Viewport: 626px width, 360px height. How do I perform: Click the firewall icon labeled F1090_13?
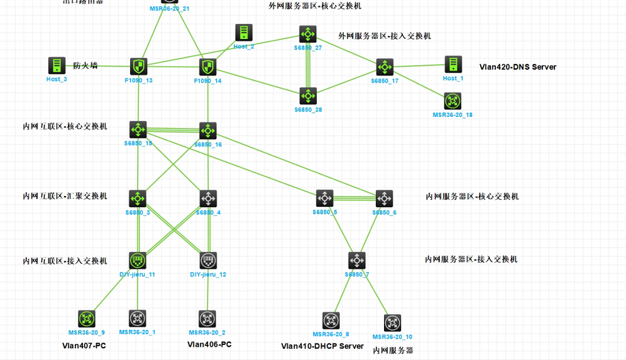pyautogui.click(x=138, y=66)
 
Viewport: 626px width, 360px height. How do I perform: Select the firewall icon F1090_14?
pyautogui.click(x=207, y=67)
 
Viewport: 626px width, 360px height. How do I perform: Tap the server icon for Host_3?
pyautogui.click(x=57, y=65)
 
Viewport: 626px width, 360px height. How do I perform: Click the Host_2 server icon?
pyautogui.click(x=244, y=33)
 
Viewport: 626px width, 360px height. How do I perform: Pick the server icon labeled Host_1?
pyautogui.click(x=453, y=65)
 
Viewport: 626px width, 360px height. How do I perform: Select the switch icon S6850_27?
pyautogui.click(x=307, y=34)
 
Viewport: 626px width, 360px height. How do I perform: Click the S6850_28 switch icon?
pyautogui.click(x=307, y=96)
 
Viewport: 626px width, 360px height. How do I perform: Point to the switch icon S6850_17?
pyautogui.click(x=384, y=67)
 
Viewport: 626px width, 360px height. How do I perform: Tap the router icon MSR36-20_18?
pyautogui.click(x=453, y=101)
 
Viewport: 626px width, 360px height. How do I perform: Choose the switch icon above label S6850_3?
pyautogui.click(x=137, y=199)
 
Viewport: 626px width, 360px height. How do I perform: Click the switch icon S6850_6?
pyautogui.click(x=384, y=199)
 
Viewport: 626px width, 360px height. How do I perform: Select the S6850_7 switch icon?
pyautogui.click(x=356, y=260)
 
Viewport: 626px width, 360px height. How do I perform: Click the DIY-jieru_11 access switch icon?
pyautogui.click(x=137, y=260)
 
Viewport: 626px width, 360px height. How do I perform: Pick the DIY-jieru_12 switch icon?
pyautogui.click(x=208, y=260)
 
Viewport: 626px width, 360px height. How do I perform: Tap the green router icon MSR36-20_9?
pyautogui.click(x=87, y=319)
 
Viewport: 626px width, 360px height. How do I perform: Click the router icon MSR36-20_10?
pyautogui.click(x=392, y=323)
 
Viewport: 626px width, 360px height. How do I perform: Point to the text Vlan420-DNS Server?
pyautogui.click(x=517, y=67)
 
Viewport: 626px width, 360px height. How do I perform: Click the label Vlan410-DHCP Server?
pyautogui.click(x=322, y=346)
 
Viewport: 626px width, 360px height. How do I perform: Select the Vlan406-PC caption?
pyautogui.click(x=209, y=344)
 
